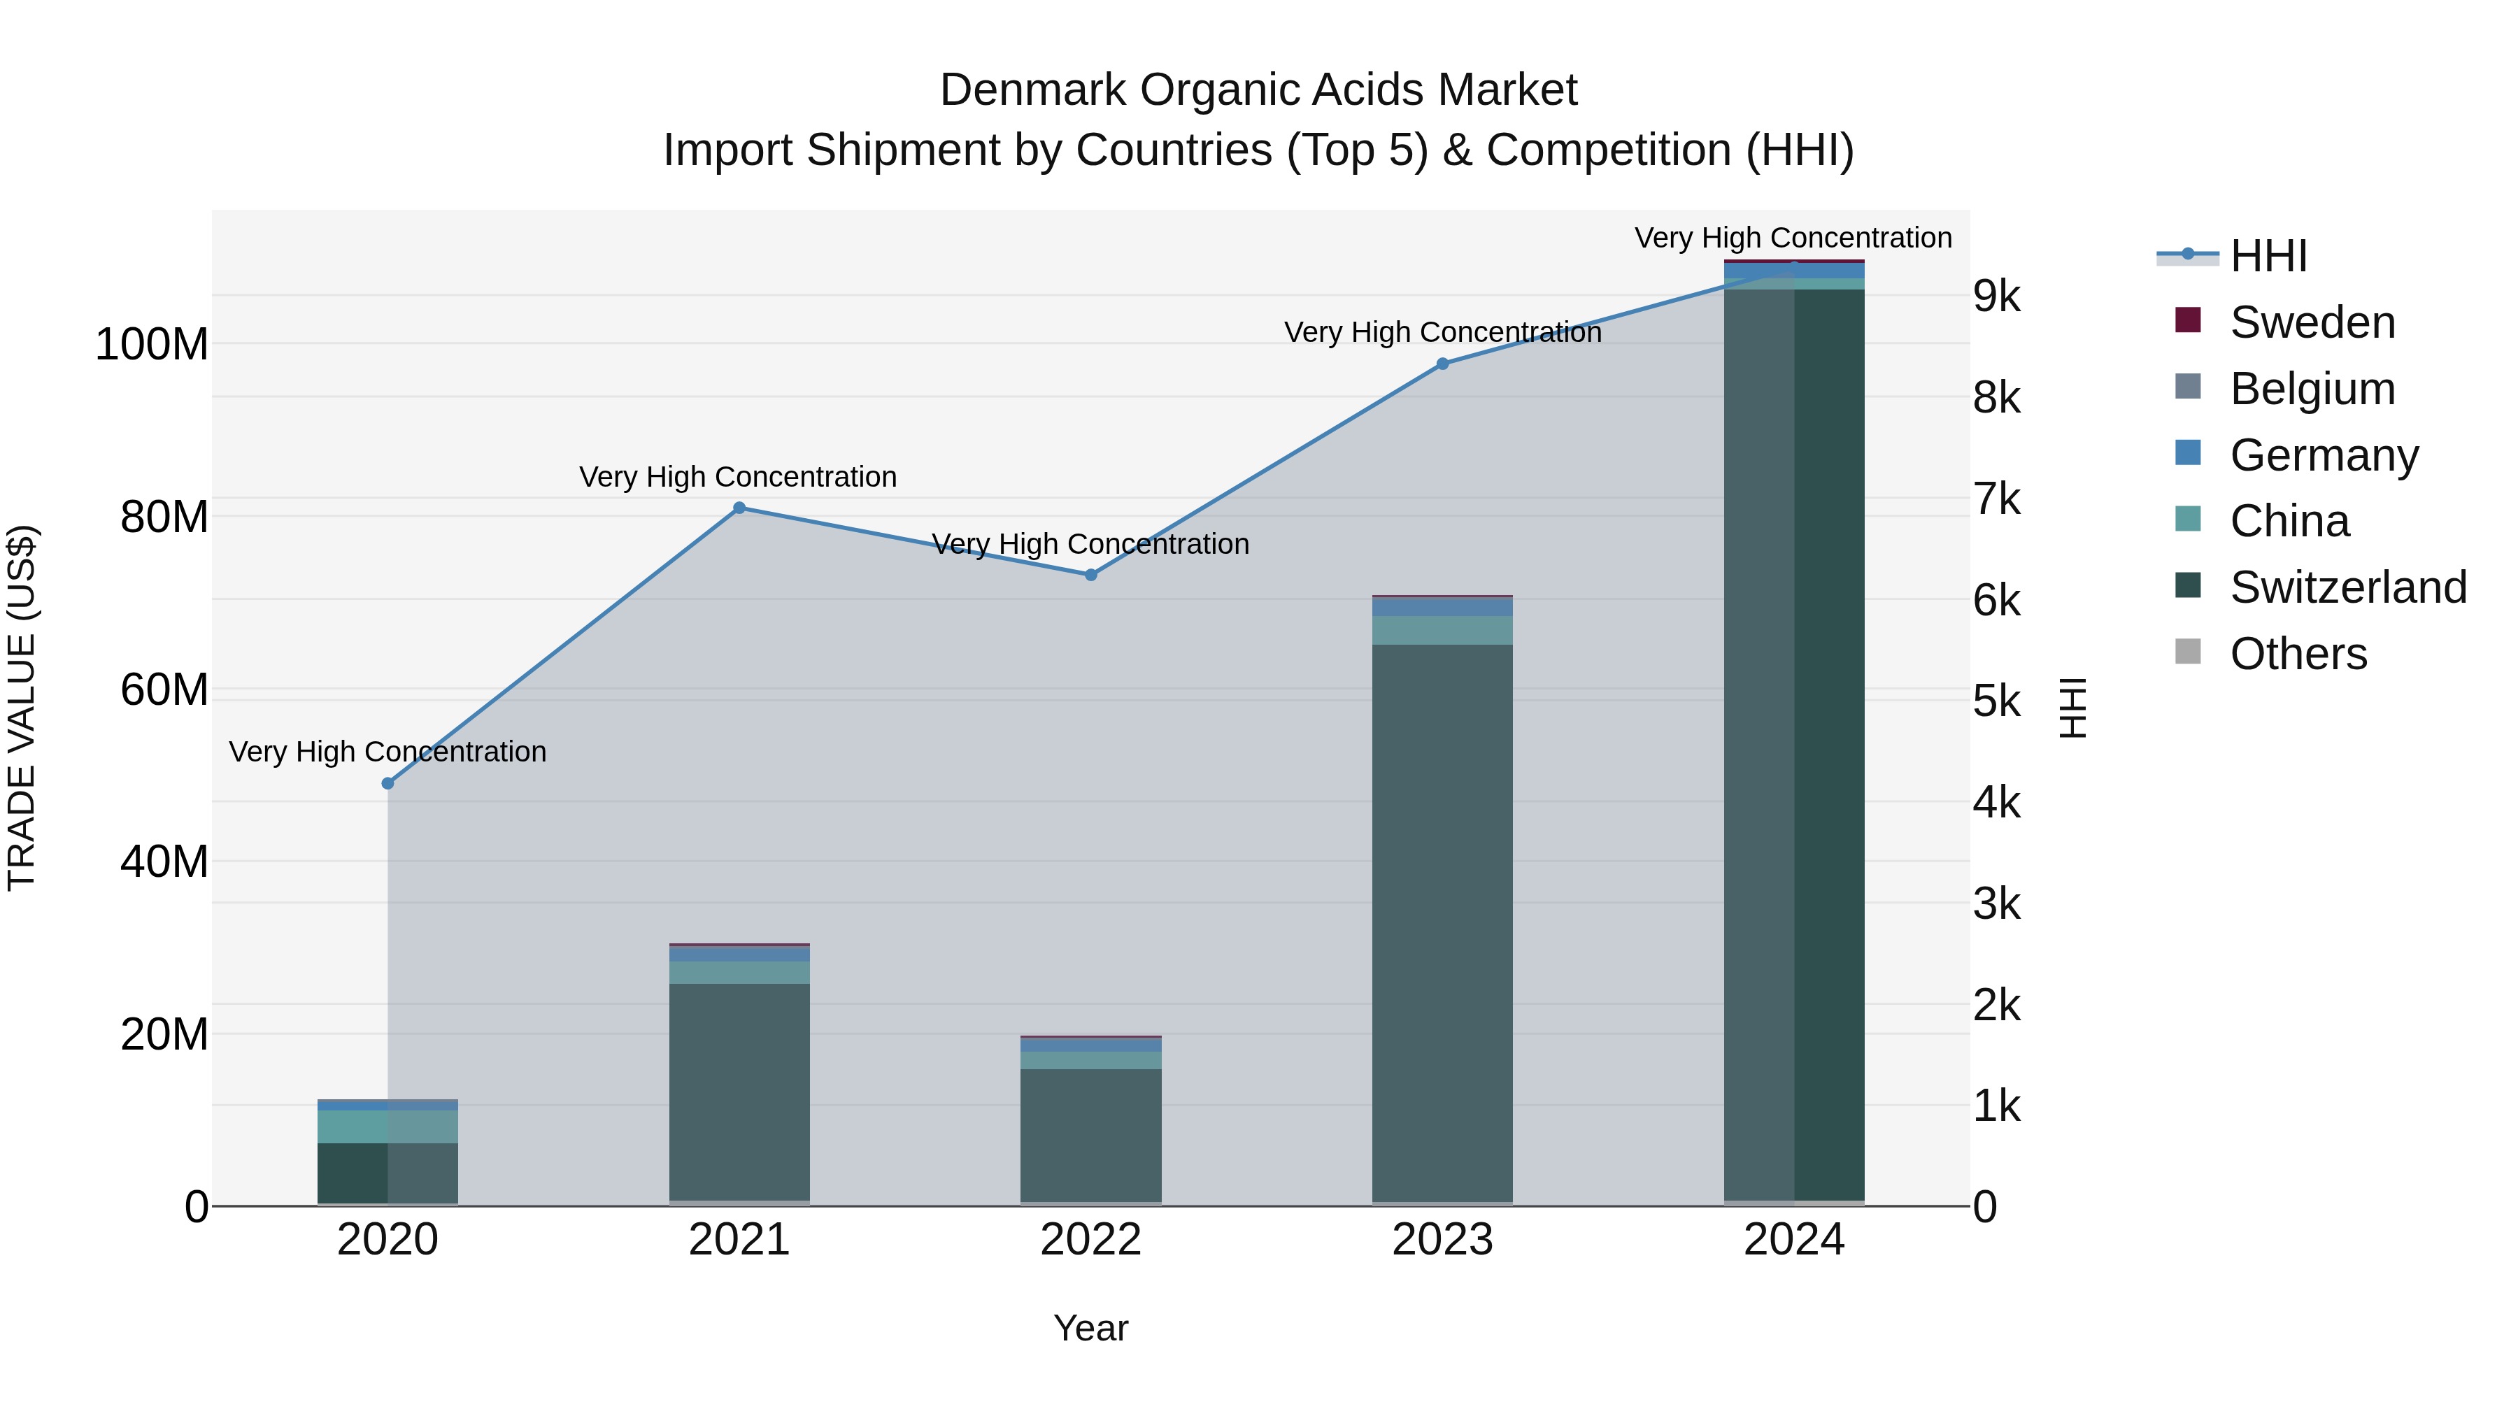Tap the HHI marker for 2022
click(x=1091, y=575)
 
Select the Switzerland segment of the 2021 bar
click(x=739, y=1089)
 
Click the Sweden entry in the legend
click(x=2312, y=322)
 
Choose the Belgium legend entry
click(x=2312, y=388)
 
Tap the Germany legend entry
click(x=2324, y=455)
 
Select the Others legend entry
click(x=2297, y=654)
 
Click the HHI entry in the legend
click(x=2268, y=256)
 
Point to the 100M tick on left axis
click(x=152, y=344)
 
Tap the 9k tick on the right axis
click(x=1996, y=295)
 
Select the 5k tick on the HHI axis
click(x=1996, y=701)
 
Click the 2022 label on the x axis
click(x=1091, y=1239)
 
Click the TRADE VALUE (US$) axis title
click(x=22, y=708)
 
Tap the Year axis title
click(x=1091, y=1328)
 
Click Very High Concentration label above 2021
click(x=738, y=477)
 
